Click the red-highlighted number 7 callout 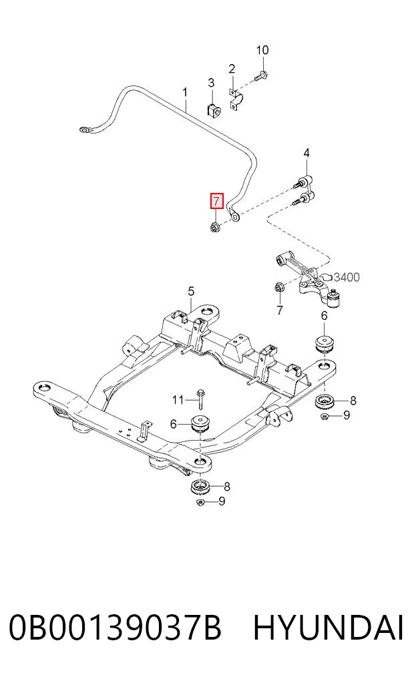pyautogui.click(x=216, y=200)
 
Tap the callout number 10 pyautogui.click(x=262, y=50)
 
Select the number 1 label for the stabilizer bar pyautogui.click(x=185, y=92)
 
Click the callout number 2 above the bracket pyautogui.click(x=232, y=69)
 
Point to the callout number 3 pyautogui.click(x=211, y=83)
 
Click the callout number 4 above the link pyautogui.click(x=306, y=153)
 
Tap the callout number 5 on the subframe pyautogui.click(x=192, y=292)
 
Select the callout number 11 pyautogui.click(x=178, y=400)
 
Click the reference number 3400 pyautogui.click(x=347, y=276)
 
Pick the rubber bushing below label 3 pyautogui.click(x=212, y=109)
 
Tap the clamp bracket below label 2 pyautogui.click(x=236, y=99)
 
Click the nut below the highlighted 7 pyautogui.click(x=215, y=226)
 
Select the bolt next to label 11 pyautogui.click(x=200, y=399)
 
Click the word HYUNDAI pyautogui.click(x=329, y=628)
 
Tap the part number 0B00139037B pyautogui.click(x=116, y=628)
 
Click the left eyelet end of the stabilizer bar pyautogui.click(x=85, y=129)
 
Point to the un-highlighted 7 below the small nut pyautogui.click(x=279, y=310)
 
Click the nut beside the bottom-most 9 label pyautogui.click(x=200, y=502)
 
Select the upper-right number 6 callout pyautogui.click(x=325, y=316)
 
